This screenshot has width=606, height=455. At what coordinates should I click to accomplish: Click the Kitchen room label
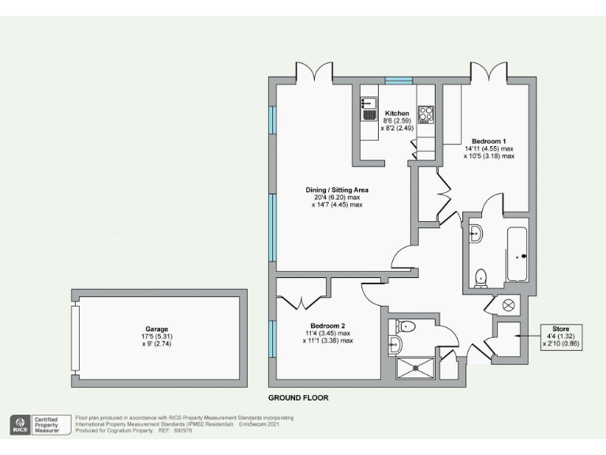click(x=396, y=114)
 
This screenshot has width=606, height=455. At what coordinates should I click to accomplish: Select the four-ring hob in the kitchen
click(x=425, y=115)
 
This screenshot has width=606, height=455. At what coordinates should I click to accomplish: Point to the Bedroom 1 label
click(x=488, y=141)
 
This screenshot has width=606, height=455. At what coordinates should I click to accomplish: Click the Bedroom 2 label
click(x=327, y=325)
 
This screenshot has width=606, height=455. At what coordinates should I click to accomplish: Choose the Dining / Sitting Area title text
click(x=337, y=190)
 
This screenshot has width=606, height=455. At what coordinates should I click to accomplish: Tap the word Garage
click(x=156, y=329)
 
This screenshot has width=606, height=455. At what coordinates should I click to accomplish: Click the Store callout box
click(x=561, y=337)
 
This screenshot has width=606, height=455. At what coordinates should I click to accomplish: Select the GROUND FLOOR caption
click(x=297, y=397)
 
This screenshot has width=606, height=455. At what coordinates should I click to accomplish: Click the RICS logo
click(x=18, y=424)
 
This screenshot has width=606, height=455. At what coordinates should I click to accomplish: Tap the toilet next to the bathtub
click(x=481, y=276)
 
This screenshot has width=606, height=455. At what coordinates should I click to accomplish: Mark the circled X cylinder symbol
click(x=508, y=305)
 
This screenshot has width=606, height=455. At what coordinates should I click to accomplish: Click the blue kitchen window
click(x=398, y=81)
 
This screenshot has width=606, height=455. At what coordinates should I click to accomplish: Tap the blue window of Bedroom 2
click(x=271, y=337)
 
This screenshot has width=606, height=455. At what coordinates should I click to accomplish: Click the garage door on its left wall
click(x=76, y=337)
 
